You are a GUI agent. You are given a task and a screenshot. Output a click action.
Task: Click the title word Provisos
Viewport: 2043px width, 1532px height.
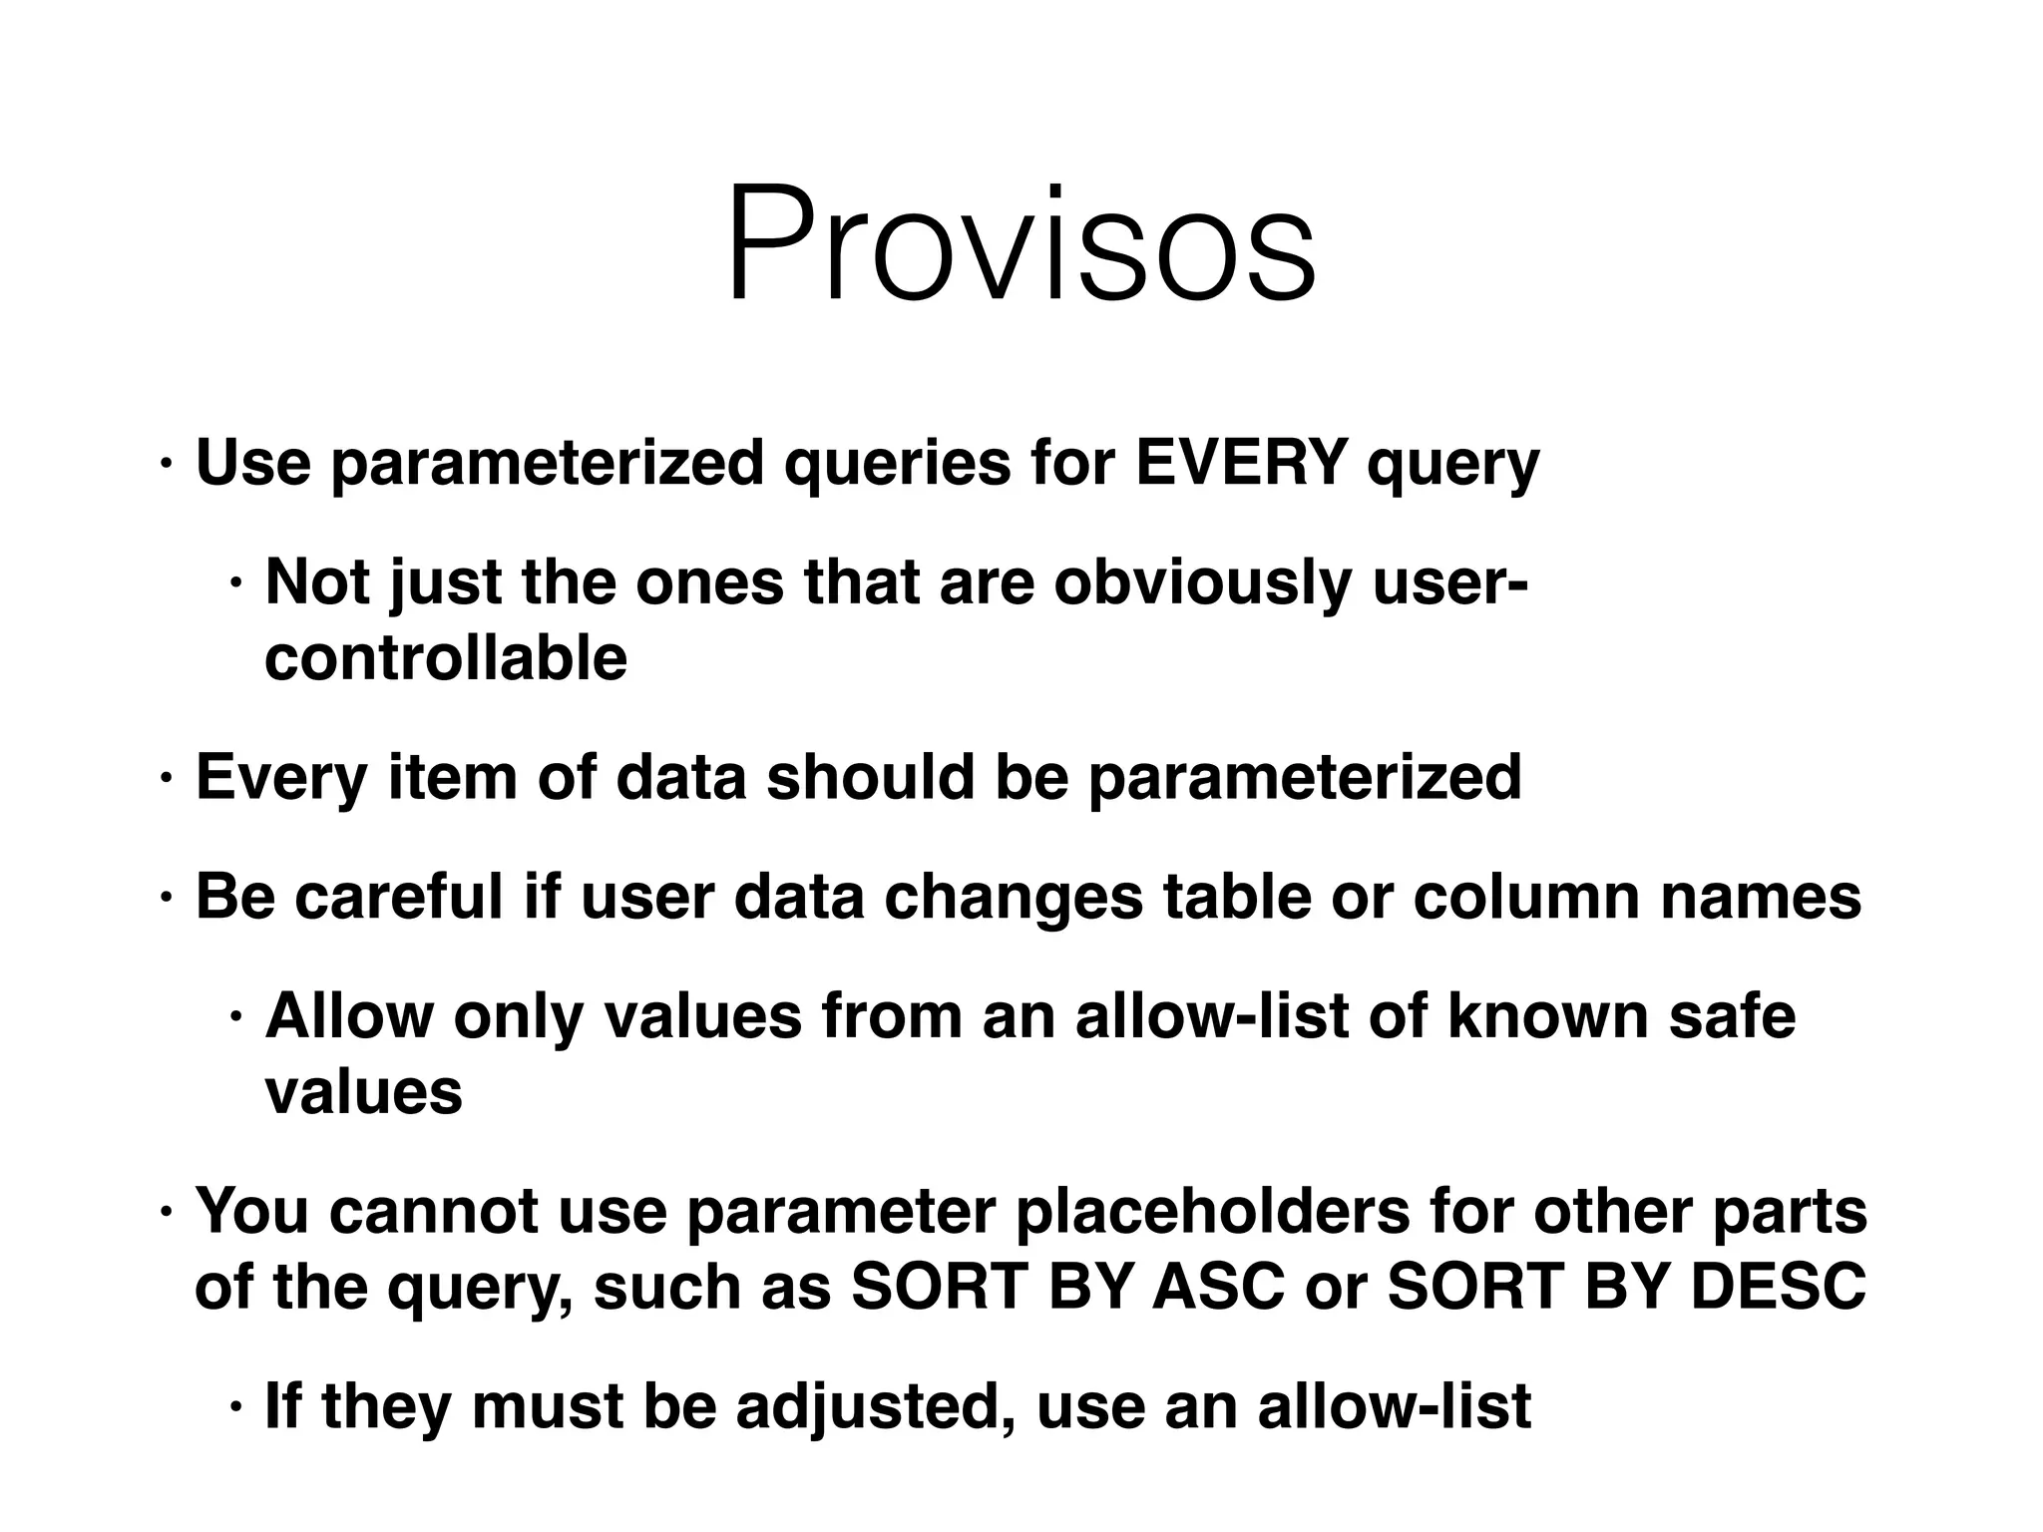click(1021, 244)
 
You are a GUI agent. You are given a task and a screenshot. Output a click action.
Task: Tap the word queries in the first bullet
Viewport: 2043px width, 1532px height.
click(897, 465)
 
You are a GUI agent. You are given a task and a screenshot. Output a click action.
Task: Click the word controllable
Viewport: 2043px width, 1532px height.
click(446, 658)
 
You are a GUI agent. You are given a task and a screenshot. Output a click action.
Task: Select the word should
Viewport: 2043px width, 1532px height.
click(869, 777)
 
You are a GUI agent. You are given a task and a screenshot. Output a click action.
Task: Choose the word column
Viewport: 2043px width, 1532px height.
click(1525, 896)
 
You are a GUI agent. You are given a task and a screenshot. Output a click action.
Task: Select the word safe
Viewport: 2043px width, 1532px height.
click(1732, 1015)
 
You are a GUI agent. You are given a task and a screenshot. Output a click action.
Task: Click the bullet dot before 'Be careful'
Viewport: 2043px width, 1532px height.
click(167, 897)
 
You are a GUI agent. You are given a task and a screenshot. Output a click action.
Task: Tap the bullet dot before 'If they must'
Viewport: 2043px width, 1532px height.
click(235, 1407)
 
